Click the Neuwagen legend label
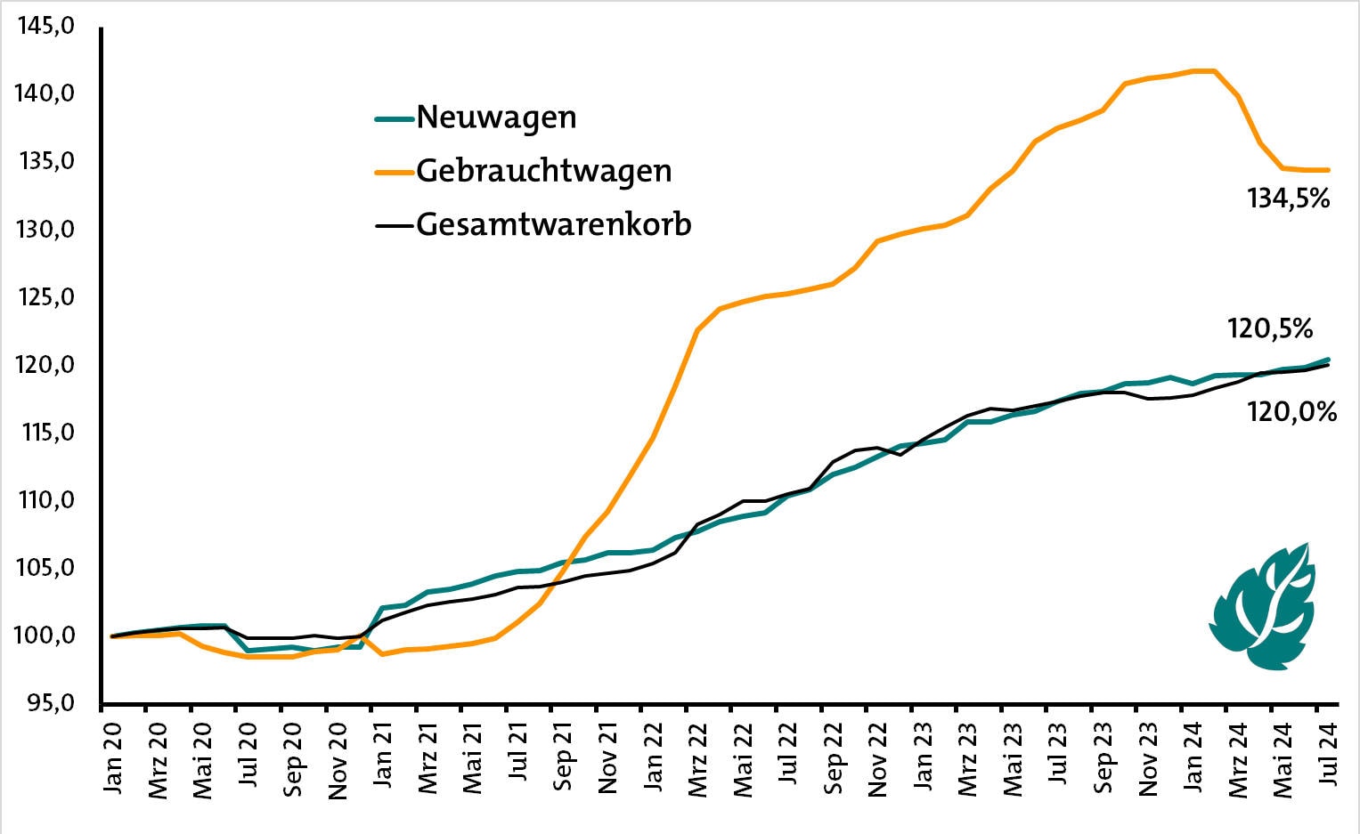click(496, 117)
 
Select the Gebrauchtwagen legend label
click(543, 171)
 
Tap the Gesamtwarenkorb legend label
click(553, 224)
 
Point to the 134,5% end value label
click(1288, 199)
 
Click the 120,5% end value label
click(1270, 329)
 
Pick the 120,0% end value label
click(1291, 412)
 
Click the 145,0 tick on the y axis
click(44, 27)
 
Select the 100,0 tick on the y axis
click(44, 636)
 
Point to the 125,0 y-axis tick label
click(44, 297)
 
